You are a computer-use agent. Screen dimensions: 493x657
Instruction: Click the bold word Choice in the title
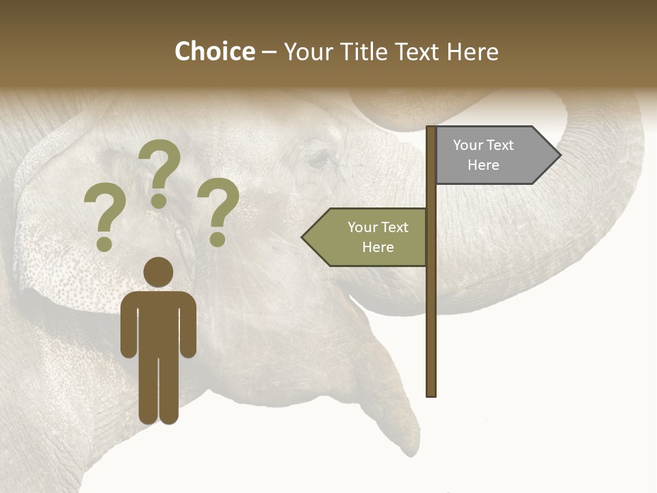pos(214,51)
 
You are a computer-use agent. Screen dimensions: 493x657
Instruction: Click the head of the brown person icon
pos(158,272)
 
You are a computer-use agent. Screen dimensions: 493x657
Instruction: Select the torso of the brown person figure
pos(158,322)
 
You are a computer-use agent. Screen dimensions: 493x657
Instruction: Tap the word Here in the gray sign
pos(483,165)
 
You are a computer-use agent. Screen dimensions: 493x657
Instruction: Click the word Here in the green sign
pos(378,247)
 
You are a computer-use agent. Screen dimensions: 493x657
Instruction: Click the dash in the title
pos(269,53)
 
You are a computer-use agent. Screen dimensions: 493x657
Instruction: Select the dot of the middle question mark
pos(159,201)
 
